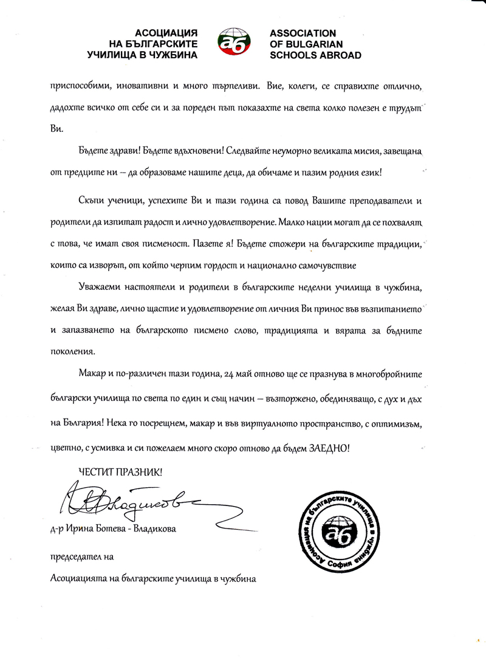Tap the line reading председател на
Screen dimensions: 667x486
click(x=81, y=556)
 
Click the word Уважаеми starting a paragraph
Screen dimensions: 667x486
click(x=102, y=286)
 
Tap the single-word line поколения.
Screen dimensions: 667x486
click(x=73, y=351)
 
